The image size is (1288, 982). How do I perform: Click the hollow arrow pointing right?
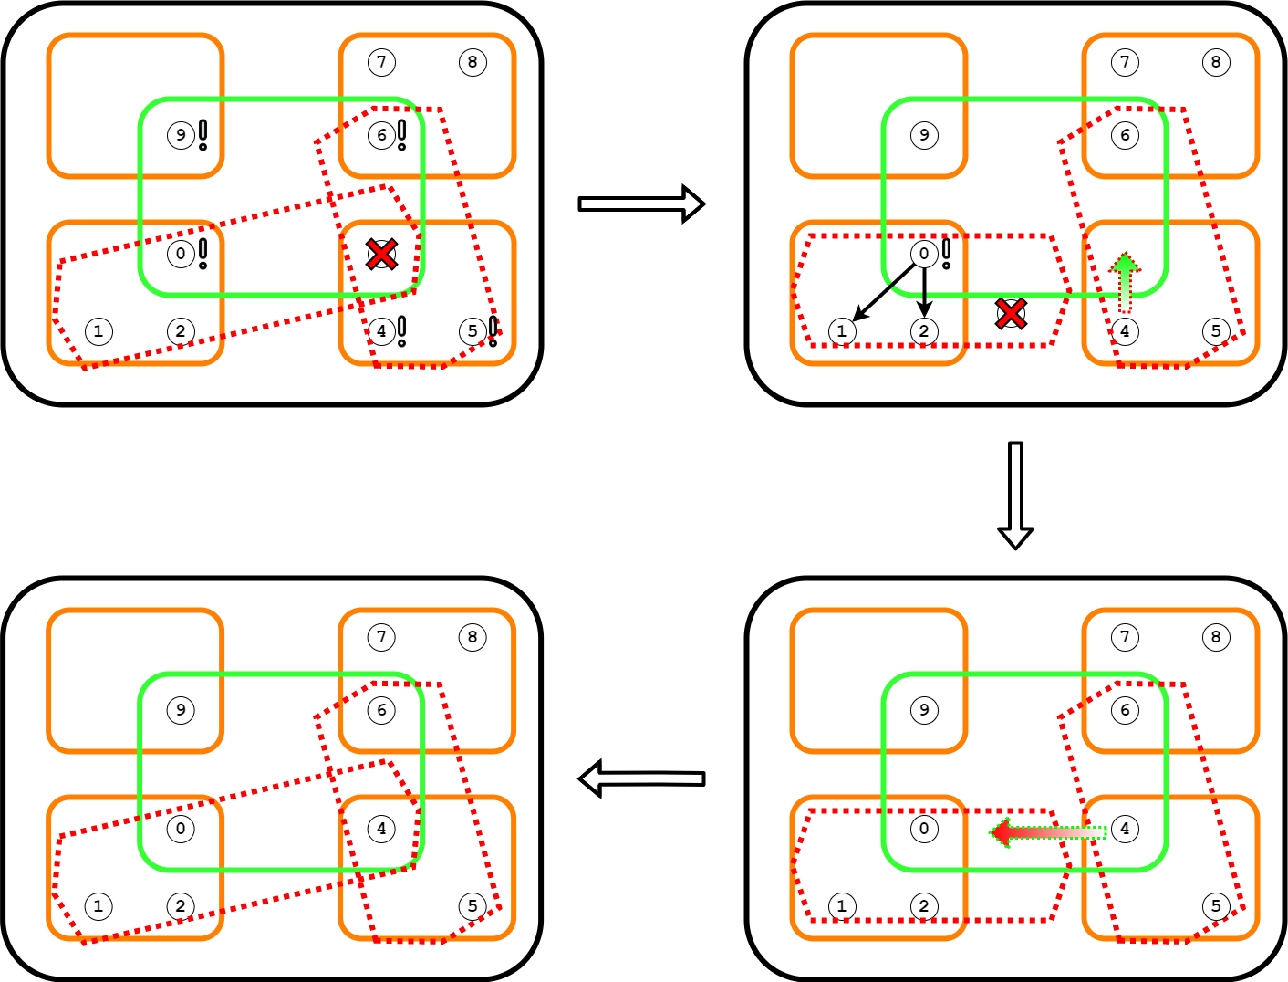point(641,204)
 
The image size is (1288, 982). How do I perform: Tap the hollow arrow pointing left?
point(642,778)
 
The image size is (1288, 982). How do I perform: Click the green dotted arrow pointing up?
point(1126,281)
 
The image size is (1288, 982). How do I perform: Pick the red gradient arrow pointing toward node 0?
point(1048,832)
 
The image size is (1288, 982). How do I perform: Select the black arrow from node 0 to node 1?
point(883,292)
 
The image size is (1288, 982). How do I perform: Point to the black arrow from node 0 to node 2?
point(925,291)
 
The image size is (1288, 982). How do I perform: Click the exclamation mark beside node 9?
point(203,135)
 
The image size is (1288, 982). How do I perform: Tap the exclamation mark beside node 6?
point(401,135)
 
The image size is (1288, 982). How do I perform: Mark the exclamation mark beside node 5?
point(493,330)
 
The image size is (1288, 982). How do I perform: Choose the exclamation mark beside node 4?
point(401,330)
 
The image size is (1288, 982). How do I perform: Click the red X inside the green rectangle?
point(381,254)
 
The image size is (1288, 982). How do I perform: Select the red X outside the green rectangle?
point(1011,314)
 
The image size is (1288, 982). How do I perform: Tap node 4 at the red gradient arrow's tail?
point(1125,829)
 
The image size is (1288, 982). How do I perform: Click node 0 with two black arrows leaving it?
point(924,254)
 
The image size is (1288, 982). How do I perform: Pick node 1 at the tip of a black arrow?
point(842,331)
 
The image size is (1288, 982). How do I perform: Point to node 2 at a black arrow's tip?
point(924,331)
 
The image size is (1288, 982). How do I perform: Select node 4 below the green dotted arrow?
point(1125,331)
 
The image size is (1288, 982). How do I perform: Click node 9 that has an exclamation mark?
point(181,135)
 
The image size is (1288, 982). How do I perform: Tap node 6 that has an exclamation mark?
point(381,135)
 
